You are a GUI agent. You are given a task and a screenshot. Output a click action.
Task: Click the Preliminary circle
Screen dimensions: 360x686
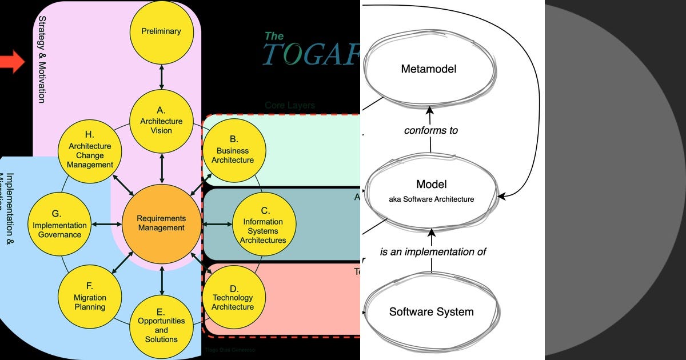161,31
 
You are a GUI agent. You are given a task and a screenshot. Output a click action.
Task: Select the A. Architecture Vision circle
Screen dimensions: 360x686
161,121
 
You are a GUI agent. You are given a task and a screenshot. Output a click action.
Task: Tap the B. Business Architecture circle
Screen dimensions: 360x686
233,150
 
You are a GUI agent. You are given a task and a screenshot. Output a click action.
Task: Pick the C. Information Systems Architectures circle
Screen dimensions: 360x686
263,226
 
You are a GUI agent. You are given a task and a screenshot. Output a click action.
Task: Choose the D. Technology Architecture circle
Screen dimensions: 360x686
233,297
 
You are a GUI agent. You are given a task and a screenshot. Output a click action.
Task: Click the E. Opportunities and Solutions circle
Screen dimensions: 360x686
161,326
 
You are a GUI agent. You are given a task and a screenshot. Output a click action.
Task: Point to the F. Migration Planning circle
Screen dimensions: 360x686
89,297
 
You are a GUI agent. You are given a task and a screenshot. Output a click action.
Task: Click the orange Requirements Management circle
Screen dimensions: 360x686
161,223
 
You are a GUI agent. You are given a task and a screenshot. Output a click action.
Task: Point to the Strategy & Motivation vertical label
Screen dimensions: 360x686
42,59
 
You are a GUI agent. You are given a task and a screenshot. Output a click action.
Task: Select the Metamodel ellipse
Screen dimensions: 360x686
429,69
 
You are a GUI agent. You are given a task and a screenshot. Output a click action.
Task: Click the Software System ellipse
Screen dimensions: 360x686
431,312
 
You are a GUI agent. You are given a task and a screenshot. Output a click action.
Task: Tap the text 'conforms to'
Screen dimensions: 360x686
430,130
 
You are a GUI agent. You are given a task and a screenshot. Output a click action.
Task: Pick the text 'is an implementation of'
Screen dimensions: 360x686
433,251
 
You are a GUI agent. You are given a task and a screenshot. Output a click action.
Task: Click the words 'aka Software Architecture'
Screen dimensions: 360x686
431,199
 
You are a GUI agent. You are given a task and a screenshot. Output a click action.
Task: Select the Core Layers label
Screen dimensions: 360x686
290,106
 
